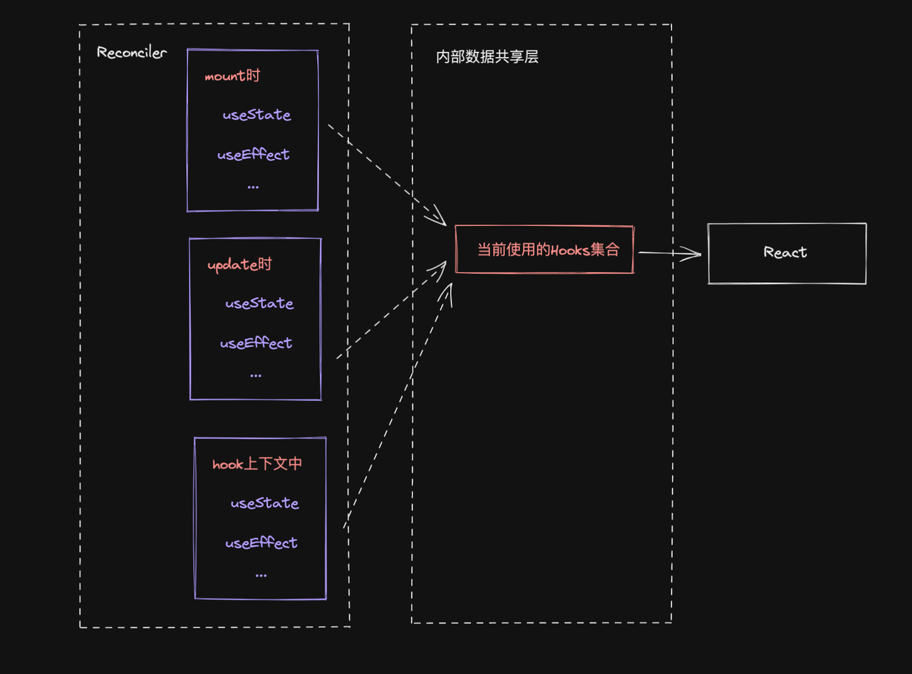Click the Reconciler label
pyautogui.click(x=132, y=53)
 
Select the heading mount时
pyautogui.click(x=232, y=76)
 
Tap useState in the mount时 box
pyautogui.click(x=256, y=115)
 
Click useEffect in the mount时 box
pyautogui.click(x=254, y=155)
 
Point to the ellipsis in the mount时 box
pyautogui.click(x=253, y=187)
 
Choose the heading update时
pyautogui.click(x=239, y=264)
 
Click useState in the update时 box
pyautogui.click(x=259, y=304)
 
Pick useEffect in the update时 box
pyautogui.click(x=256, y=343)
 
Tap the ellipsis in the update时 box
pyautogui.click(x=256, y=375)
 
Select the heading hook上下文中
pyautogui.click(x=257, y=464)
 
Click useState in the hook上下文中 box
pyautogui.click(x=264, y=503)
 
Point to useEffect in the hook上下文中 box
pyautogui.click(x=261, y=543)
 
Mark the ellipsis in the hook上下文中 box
pyautogui.click(x=261, y=575)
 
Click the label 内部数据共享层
pyautogui.click(x=487, y=57)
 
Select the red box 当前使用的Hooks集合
pyautogui.click(x=544, y=249)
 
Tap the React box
pyautogui.click(x=787, y=253)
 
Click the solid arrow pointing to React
pyautogui.click(x=670, y=253)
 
